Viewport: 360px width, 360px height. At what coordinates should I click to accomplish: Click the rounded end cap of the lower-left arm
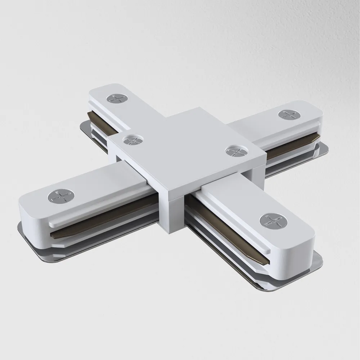tap(31, 216)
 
